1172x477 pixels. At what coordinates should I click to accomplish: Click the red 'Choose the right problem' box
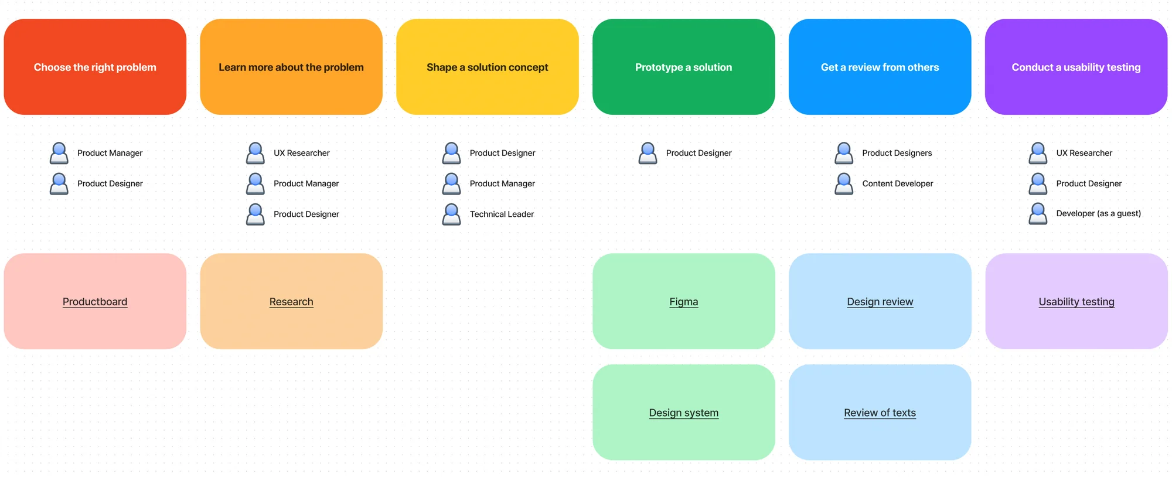[95, 67]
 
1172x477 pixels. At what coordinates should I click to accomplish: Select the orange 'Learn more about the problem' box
[291, 67]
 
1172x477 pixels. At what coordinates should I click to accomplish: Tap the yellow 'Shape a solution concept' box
[488, 67]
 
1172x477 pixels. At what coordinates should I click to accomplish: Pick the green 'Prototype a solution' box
[683, 67]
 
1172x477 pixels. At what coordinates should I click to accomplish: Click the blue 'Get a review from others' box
[880, 67]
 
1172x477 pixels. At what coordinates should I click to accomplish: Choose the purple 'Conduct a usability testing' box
[1076, 67]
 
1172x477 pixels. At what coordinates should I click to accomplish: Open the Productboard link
[95, 302]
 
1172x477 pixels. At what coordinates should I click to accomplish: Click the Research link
[291, 302]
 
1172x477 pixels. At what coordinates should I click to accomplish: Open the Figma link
[683, 302]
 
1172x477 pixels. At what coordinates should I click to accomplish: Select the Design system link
[683, 413]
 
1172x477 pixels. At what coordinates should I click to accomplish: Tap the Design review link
[880, 302]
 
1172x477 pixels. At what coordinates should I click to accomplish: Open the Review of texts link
[880, 413]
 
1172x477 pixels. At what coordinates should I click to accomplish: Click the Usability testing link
[1076, 302]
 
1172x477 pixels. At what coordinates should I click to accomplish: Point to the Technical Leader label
[502, 214]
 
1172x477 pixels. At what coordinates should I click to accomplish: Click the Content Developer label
[897, 183]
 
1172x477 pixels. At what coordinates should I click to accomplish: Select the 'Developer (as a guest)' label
[1098, 213]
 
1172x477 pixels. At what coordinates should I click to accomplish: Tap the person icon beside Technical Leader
[451, 214]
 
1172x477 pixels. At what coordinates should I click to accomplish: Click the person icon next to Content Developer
[844, 183]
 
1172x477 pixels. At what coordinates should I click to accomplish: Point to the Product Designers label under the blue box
[897, 153]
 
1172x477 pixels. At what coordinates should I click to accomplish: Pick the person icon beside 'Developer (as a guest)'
[1038, 213]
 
